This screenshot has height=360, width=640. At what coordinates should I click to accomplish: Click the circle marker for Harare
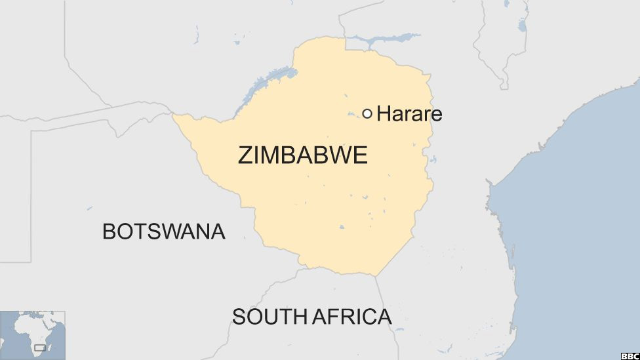367,113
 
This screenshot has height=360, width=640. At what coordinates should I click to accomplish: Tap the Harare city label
409,113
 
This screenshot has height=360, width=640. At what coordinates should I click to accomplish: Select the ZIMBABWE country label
302,155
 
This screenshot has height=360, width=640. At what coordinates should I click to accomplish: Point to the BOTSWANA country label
163,231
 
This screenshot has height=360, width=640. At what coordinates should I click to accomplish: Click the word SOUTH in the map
269,317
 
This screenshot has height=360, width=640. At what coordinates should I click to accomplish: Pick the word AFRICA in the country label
351,317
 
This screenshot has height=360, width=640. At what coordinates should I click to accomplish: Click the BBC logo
629,355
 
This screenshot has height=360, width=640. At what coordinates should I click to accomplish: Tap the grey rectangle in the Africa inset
41,347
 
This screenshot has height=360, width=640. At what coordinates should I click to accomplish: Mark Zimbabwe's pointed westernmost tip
174,115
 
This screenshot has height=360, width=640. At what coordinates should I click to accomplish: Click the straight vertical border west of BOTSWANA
31,197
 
